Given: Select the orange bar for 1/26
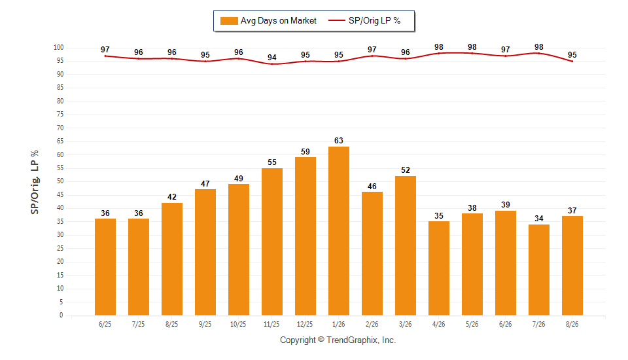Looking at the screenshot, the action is tap(338, 231).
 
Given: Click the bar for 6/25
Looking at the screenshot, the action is tap(105, 267).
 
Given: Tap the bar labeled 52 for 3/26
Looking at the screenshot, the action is tap(406, 245).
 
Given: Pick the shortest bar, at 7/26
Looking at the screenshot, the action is tap(538, 270).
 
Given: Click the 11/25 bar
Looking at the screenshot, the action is tap(272, 242).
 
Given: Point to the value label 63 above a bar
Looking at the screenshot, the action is tap(338, 141).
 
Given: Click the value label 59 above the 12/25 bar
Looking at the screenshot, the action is tap(305, 152).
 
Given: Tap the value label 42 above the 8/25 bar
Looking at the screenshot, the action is tap(172, 197).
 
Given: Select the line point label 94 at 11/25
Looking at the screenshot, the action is tap(272, 58).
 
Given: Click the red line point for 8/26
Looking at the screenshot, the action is tap(572, 62).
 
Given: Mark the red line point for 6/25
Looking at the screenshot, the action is tap(105, 56).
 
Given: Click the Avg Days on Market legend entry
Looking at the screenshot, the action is tap(268, 21).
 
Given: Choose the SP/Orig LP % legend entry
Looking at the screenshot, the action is tap(364, 21).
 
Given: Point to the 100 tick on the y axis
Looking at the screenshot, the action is tap(58, 47).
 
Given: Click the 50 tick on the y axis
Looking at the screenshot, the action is tap(60, 181).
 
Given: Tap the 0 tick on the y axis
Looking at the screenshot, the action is tap(61, 315).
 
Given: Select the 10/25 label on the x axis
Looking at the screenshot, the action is tap(238, 324).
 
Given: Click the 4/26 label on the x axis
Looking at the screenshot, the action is tap(438, 324).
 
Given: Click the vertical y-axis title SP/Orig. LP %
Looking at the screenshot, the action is tap(35, 183).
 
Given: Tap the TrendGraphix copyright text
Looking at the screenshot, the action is tap(338, 340).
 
